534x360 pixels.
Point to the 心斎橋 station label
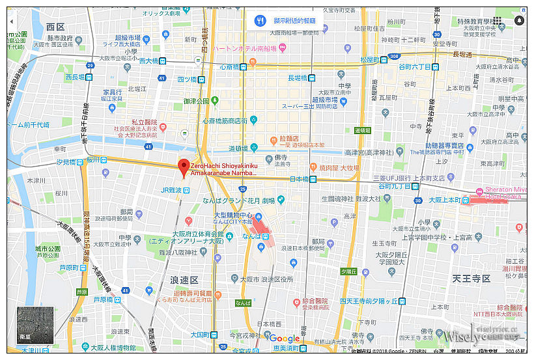tap(231, 66)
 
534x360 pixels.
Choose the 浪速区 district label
tap(184, 279)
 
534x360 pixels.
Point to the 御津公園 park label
tap(195, 101)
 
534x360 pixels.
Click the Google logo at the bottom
tap(285, 339)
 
